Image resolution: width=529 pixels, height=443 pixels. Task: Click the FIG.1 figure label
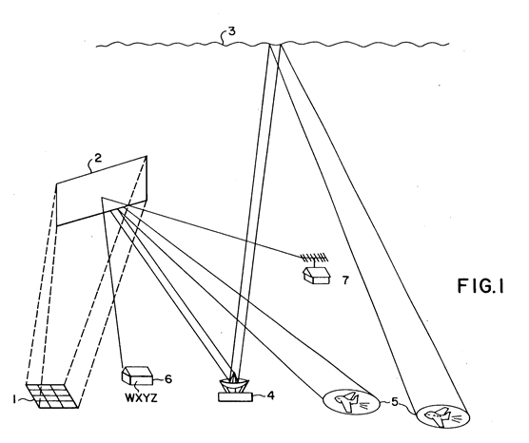coord(480,286)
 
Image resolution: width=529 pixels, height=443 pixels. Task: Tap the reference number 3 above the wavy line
coord(232,31)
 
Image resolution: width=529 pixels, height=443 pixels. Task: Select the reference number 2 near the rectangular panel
coord(97,158)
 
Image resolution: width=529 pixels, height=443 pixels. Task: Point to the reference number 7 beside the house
coord(345,280)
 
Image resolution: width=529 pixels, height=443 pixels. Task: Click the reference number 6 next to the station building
coord(168,379)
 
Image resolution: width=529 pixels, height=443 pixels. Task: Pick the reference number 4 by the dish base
coord(270,395)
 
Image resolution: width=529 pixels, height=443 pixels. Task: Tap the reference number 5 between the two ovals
coord(395,401)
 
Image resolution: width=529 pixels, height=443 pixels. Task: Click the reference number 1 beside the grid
coord(14,399)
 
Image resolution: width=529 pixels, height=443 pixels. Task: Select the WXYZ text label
coord(141,398)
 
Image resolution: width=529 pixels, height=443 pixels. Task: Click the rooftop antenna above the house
coord(314,259)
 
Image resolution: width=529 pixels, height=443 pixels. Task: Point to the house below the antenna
coord(316,275)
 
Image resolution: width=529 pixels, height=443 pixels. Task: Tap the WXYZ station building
coord(136,375)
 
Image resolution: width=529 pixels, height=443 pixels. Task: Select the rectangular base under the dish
coord(235,397)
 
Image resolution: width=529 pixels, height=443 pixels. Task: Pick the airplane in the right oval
coord(438,416)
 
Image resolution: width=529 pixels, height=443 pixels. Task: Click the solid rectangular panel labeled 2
coord(102,191)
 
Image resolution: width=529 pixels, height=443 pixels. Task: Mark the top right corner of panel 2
coord(147,156)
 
